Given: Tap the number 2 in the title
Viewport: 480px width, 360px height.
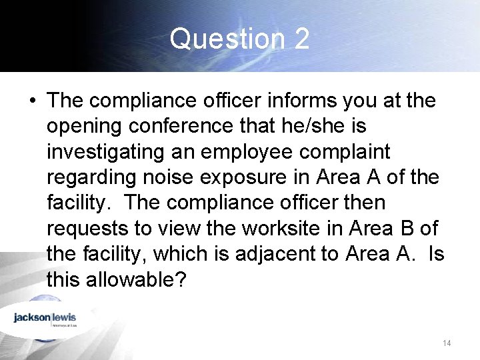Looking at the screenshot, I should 301,39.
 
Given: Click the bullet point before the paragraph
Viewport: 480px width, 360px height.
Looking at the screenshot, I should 31,101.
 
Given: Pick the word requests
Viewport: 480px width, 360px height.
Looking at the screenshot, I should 87,229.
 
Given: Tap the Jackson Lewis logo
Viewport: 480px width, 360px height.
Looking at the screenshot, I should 45,319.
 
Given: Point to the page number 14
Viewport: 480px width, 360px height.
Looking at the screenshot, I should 447,343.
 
